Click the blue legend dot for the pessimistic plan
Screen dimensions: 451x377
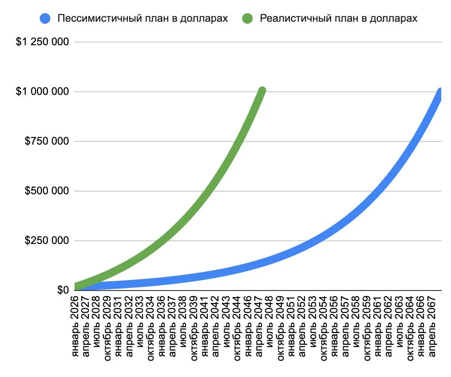click(45, 18)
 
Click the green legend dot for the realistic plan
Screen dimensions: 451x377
click(247, 18)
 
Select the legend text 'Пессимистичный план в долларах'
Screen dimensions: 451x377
click(142, 18)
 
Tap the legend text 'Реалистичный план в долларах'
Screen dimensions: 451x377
click(339, 18)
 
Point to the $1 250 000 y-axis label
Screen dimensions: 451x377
click(42, 42)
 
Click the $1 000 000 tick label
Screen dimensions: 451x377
click(42, 92)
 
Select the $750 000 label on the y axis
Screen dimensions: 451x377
click(47, 141)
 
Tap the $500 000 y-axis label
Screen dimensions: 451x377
click(47, 191)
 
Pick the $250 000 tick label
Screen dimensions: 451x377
click(47, 240)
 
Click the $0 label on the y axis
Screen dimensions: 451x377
click(63, 290)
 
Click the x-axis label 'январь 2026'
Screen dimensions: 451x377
click(75, 326)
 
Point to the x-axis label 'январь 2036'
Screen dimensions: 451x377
click(162, 326)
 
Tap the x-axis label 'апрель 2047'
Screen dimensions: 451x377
click(259, 326)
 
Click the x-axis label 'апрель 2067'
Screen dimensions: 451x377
click(431, 326)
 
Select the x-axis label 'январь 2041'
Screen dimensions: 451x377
click(205, 326)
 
